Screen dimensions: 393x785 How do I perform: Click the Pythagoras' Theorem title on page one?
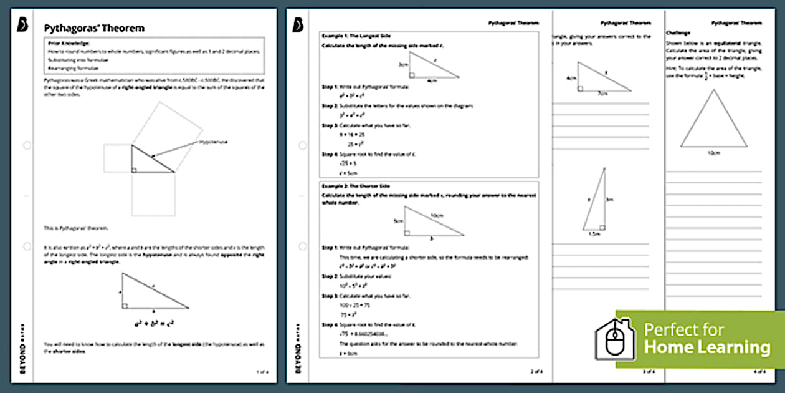[93, 28]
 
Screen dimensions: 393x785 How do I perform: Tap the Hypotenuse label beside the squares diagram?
[213, 142]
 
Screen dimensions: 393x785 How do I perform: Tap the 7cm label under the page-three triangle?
[602, 94]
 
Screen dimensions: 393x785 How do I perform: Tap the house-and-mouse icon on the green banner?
[616, 339]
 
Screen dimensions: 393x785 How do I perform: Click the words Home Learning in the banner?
[706, 347]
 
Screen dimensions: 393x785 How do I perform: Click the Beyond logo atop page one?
[22, 24]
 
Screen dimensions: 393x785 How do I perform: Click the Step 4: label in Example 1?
[330, 153]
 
